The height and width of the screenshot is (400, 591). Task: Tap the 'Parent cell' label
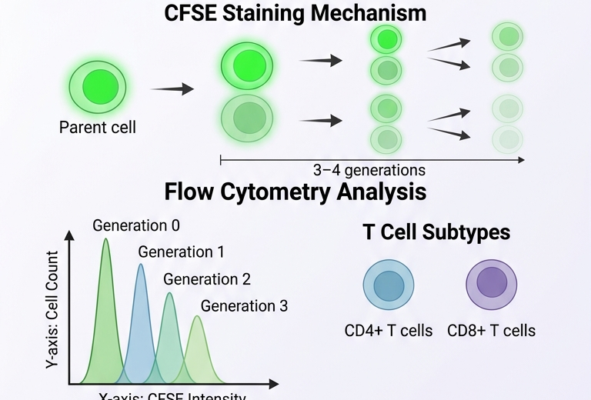pos(98,127)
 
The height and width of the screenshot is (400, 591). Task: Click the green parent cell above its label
pos(98,83)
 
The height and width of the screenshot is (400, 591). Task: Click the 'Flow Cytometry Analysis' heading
pos(295,192)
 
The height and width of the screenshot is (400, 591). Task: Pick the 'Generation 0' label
pos(136,225)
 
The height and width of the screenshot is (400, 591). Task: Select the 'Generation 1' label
pos(182,252)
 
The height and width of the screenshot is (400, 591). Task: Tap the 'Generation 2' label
pos(207,279)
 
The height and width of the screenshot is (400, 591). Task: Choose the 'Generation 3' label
pos(244,305)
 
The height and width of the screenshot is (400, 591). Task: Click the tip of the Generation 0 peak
pos(105,239)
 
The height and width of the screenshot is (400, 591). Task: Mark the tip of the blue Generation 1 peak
pos(140,265)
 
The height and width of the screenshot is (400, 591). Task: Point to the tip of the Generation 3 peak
pos(197,316)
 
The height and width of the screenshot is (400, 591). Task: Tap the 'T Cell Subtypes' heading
pos(436,233)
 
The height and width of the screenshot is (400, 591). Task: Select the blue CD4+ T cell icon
pos(388,285)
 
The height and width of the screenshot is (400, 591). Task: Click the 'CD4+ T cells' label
pos(389,332)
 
